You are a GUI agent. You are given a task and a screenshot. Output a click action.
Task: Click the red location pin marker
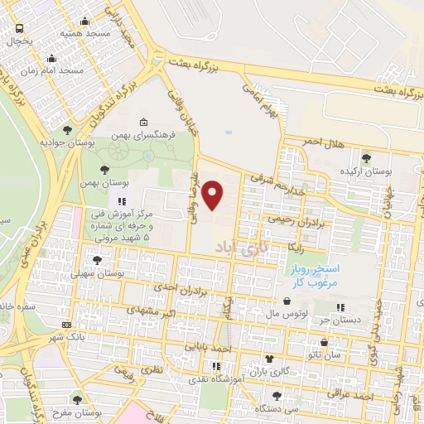[x=213, y=195]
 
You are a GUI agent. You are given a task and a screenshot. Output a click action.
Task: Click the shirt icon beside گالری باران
[x=268, y=359]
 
